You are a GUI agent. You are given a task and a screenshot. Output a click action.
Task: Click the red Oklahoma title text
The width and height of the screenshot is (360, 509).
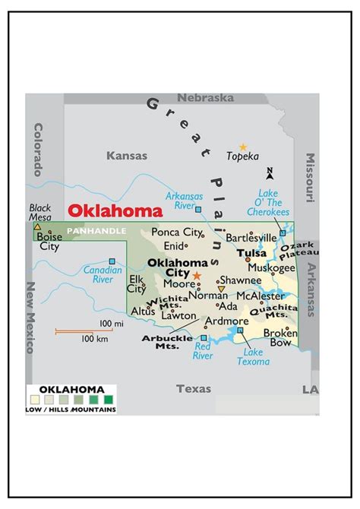tap(115, 211)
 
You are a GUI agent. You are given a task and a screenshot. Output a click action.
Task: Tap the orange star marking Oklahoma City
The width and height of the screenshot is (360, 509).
tap(197, 276)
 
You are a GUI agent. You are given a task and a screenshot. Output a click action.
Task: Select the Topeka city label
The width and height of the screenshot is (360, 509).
tap(243, 156)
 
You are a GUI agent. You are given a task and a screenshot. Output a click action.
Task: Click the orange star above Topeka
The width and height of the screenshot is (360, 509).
tap(243, 147)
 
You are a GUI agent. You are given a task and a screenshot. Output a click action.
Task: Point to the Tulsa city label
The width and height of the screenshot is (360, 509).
tap(251, 253)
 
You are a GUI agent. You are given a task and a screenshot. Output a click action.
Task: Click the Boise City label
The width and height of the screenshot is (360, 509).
tap(49, 241)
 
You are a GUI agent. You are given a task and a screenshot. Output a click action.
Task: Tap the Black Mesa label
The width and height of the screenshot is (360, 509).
tap(39, 212)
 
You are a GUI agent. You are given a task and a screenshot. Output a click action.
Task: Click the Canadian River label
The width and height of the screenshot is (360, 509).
tap(103, 274)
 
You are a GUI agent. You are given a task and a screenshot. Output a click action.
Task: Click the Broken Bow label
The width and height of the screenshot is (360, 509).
tap(280, 338)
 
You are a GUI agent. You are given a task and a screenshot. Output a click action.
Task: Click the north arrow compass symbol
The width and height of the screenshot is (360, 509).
tap(269, 174)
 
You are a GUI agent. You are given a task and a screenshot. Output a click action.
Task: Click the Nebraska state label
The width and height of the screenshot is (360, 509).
tap(205, 98)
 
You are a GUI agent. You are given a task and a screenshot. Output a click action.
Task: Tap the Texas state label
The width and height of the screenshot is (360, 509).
tap(194, 388)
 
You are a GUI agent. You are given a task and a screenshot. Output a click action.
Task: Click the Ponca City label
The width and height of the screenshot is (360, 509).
tap(176, 232)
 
